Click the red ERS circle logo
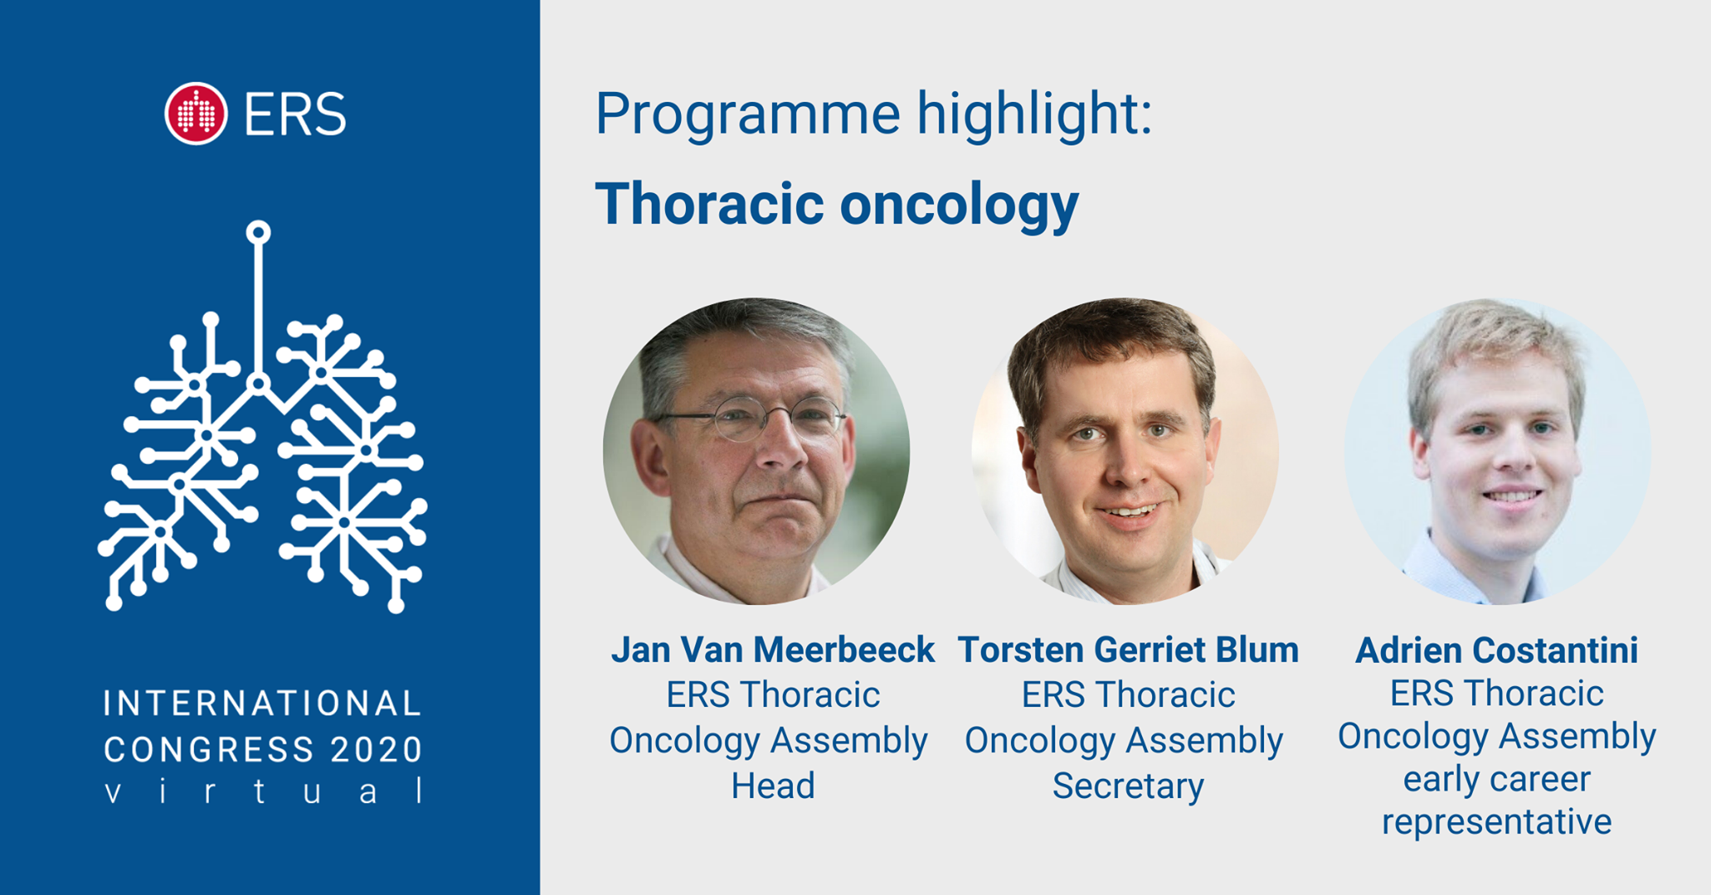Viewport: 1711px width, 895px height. point(196,114)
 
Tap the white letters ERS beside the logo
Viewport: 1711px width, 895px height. point(295,114)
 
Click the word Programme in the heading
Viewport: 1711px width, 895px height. point(748,114)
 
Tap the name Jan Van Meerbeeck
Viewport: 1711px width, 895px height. point(773,649)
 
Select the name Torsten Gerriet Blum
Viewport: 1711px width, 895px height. point(1128,649)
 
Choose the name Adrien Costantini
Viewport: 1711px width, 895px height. point(1496,650)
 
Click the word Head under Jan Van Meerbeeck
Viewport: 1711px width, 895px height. point(773,786)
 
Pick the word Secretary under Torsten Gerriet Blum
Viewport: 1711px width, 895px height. point(1128,786)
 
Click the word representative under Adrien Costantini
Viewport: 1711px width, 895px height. point(1496,822)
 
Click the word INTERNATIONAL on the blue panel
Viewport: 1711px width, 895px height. point(262,704)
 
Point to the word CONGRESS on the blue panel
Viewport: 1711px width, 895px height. point(209,750)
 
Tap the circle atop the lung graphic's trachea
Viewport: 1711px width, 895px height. point(258,232)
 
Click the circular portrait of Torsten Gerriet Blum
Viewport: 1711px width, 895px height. point(1125,451)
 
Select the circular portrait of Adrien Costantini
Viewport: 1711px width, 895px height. point(1497,451)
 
